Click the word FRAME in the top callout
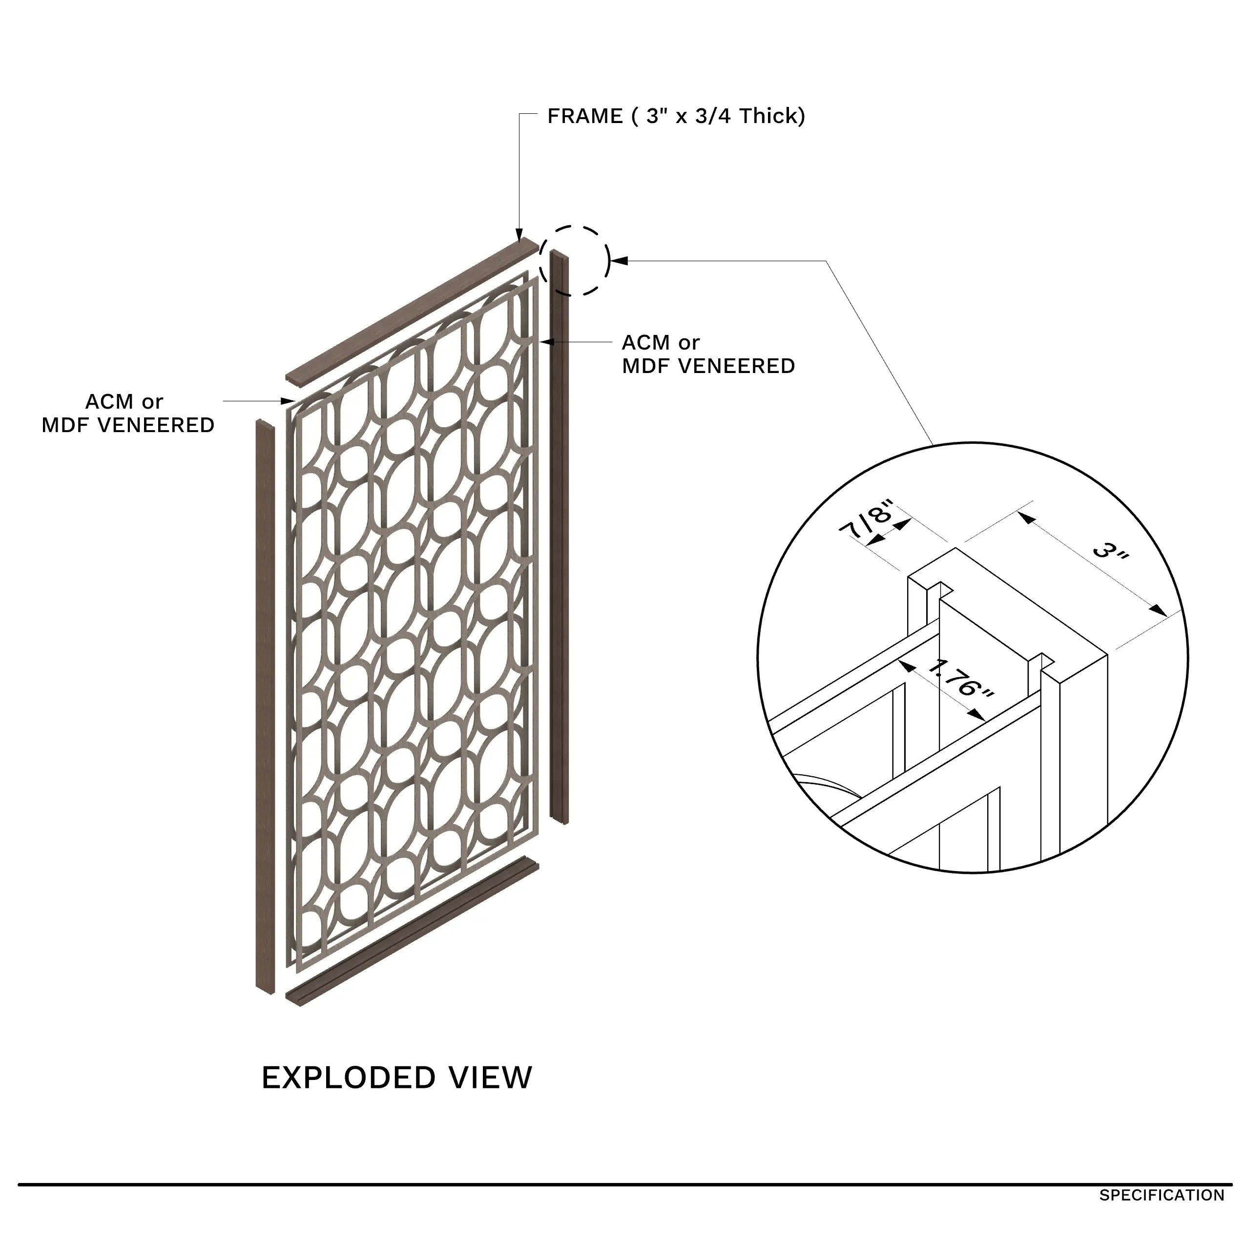point(584,117)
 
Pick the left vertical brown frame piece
point(265,709)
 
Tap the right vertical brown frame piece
point(560,535)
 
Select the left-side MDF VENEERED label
point(127,425)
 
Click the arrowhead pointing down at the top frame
point(519,236)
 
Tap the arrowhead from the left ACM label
point(290,401)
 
